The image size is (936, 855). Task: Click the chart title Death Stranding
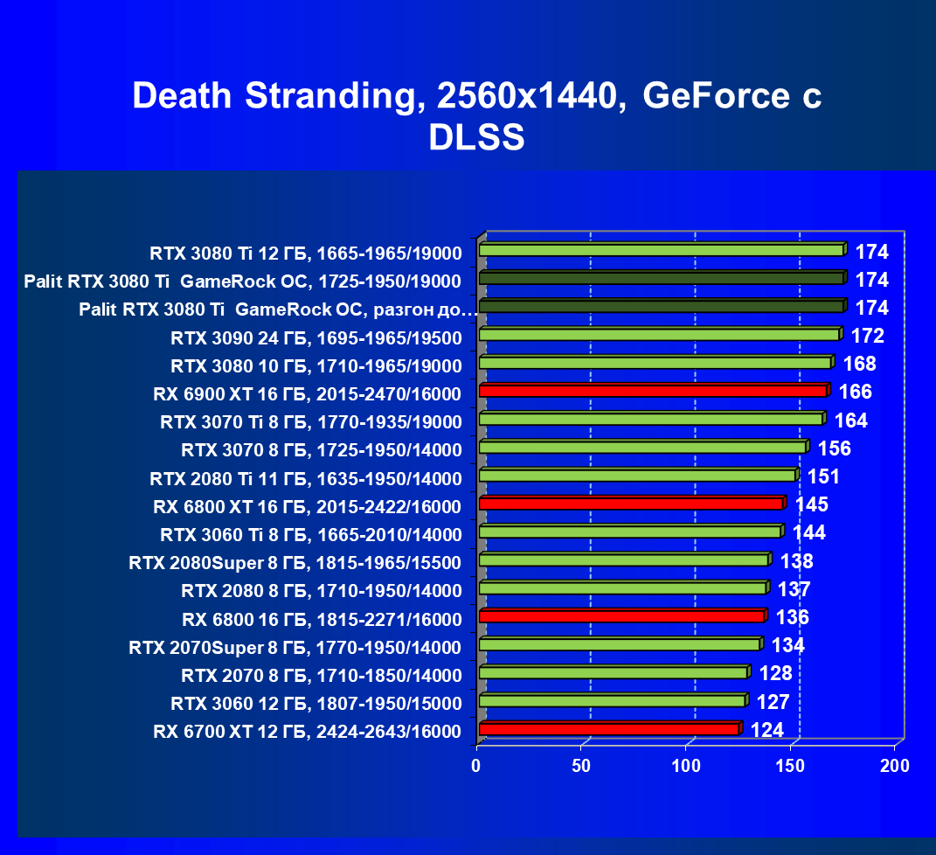coord(476,96)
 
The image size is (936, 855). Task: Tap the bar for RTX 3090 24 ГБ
coord(658,335)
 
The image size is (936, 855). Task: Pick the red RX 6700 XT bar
coord(608,729)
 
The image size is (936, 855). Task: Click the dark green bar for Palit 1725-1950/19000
coord(661,279)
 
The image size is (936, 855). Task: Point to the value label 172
coord(867,337)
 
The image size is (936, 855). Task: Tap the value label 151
coord(823,477)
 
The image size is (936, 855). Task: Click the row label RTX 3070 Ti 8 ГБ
coord(310,422)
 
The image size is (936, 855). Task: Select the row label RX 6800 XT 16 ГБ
coord(307,506)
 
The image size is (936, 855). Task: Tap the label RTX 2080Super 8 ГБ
coord(295,562)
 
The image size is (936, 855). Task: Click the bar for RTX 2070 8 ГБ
coord(613,673)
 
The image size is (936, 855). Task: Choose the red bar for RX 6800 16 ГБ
coord(621,617)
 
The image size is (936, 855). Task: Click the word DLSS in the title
coord(476,138)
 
